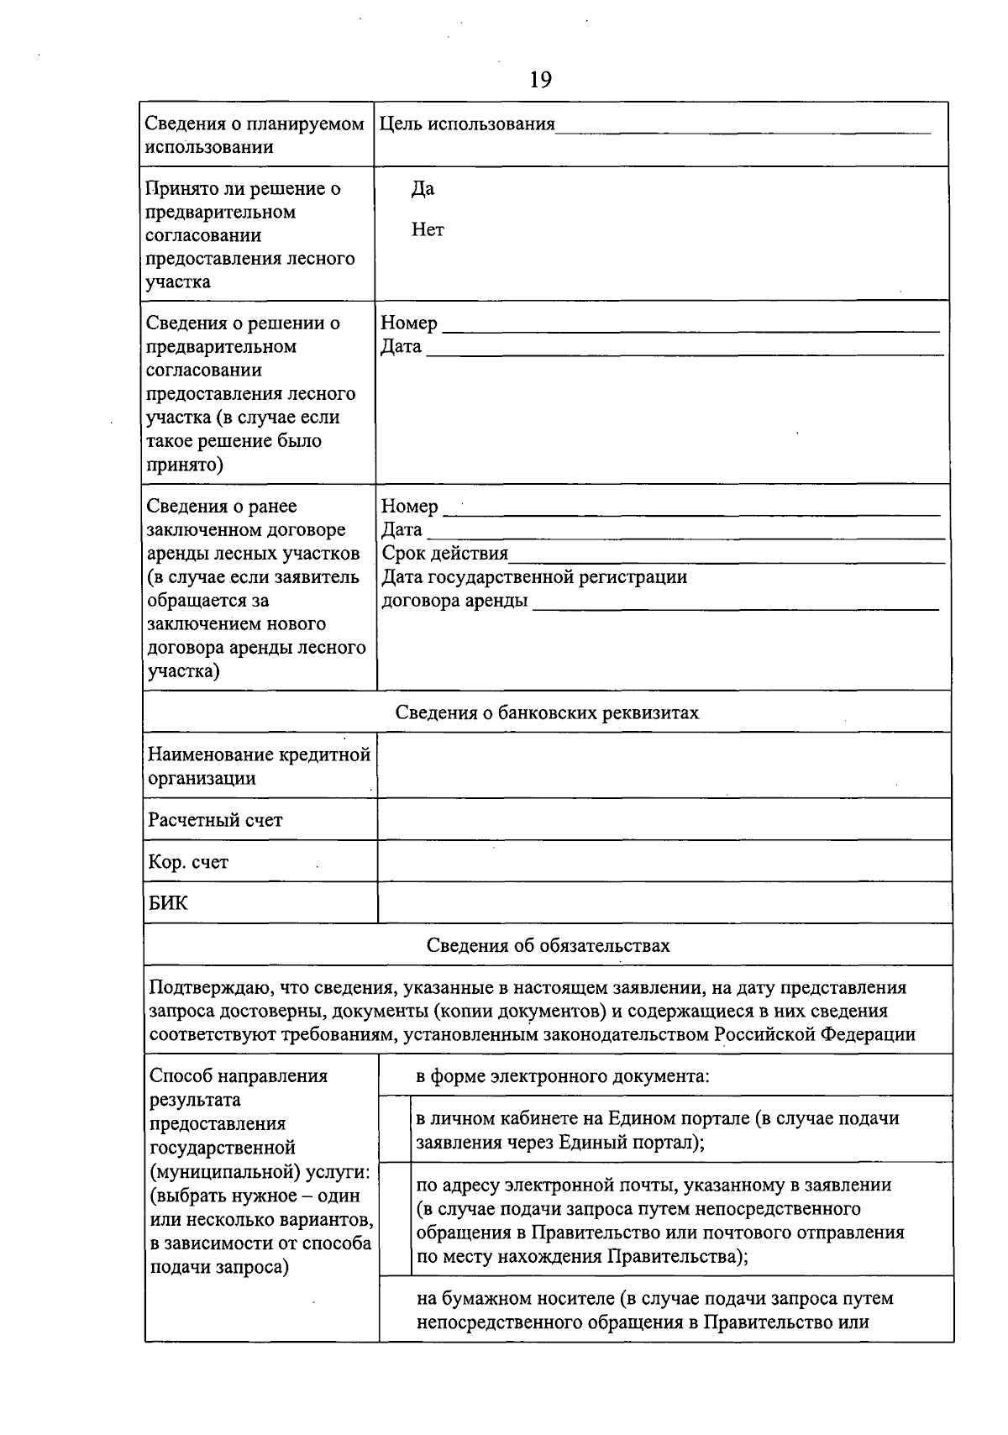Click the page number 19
540,80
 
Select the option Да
423,189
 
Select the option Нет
428,229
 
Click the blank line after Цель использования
743,126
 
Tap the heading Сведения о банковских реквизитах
547,712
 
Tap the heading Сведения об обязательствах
548,945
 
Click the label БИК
168,904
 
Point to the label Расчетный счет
215,820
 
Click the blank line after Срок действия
727,556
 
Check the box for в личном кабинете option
395,1129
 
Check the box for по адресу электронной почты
395,1219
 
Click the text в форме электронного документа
563,1076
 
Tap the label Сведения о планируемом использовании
255,135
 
